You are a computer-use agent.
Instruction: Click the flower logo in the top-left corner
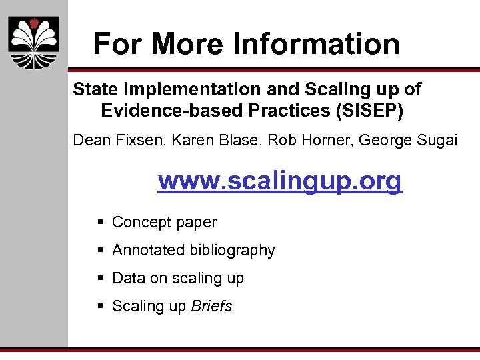tap(34, 43)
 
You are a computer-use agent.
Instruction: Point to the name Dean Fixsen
tap(111, 140)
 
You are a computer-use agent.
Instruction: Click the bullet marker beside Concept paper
tap(99, 222)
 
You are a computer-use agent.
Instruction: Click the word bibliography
tap(232, 250)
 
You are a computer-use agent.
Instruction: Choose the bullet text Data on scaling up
tap(178, 278)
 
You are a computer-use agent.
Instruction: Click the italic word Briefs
tap(211, 306)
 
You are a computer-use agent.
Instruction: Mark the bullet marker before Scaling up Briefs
tap(99, 306)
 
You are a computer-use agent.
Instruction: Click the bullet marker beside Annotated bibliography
tap(99, 250)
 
